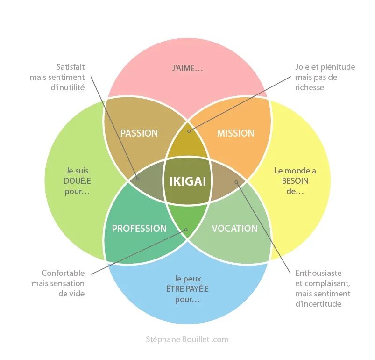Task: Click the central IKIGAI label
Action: (187, 181)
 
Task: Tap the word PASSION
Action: (139, 133)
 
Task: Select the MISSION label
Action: (236, 133)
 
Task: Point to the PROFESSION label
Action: (139, 229)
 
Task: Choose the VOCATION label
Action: (234, 229)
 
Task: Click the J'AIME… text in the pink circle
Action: (187, 68)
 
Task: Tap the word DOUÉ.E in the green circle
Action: (77, 181)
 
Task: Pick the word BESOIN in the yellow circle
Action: (295, 181)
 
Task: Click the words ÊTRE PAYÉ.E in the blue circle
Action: (187, 289)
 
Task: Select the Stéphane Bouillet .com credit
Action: (187, 339)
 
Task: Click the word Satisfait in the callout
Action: (71, 67)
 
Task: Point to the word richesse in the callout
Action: (310, 87)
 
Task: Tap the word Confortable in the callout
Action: (63, 273)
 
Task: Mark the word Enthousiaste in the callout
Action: (318, 273)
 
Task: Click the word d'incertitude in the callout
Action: (318, 304)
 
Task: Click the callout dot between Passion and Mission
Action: (189, 131)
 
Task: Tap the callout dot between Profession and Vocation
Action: (186, 230)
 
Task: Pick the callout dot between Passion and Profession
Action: (137, 178)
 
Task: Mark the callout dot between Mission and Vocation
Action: (236, 181)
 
